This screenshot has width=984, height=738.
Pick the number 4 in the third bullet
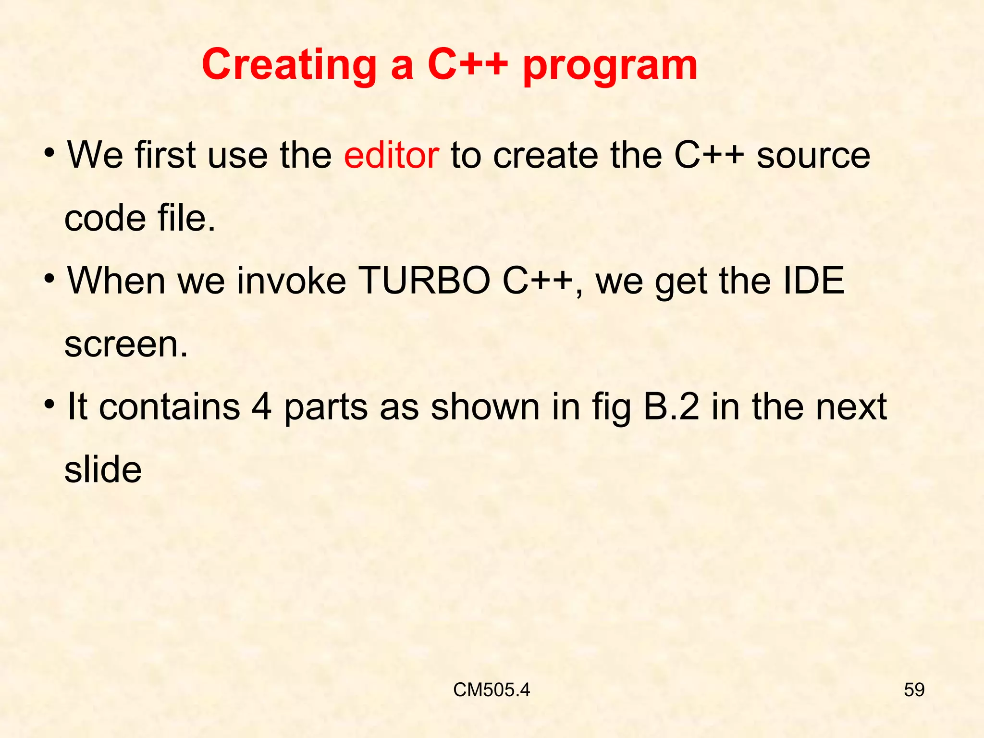click(x=261, y=406)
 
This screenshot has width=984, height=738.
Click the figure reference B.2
click(x=671, y=406)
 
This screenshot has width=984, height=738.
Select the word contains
click(x=169, y=406)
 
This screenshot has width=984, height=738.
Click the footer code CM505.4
click(x=491, y=690)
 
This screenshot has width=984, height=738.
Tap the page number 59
click(x=914, y=690)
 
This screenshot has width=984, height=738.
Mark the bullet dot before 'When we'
click(x=49, y=279)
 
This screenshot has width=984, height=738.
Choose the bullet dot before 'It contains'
click(x=49, y=405)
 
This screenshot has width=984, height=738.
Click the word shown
click(x=485, y=406)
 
